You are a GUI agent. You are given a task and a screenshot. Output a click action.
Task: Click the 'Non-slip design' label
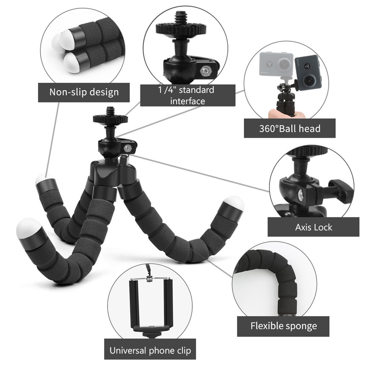pyautogui.click(x=84, y=92)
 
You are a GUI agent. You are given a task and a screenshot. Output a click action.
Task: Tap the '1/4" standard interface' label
pyautogui.click(x=188, y=95)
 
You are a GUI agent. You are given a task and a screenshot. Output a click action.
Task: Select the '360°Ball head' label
pyautogui.click(x=289, y=129)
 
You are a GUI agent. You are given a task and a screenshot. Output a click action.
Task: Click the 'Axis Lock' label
pyautogui.click(x=313, y=226)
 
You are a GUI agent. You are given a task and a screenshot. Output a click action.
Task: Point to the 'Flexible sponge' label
pyautogui.click(x=284, y=326)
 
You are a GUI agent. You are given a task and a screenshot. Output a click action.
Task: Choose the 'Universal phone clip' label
pyautogui.click(x=150, y=351)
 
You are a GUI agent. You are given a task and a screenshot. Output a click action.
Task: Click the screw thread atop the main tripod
pyautogui.click(x=110, y=111)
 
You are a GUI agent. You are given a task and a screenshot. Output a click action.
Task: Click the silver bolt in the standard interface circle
pyautogui.click(x=206, y=71)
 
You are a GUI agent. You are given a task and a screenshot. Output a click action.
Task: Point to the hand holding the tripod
pyautogui.click(x=276, y=113)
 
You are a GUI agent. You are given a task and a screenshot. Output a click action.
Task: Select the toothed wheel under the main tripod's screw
pyautogui.click(x=110, y=119)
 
